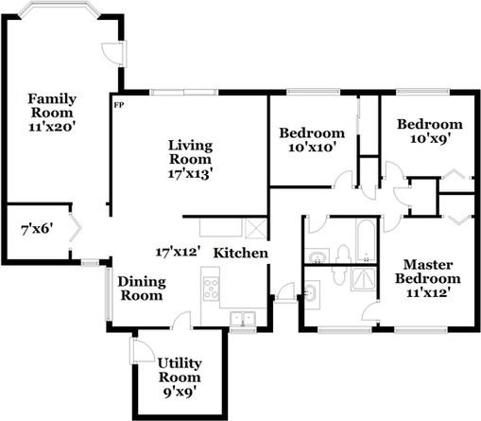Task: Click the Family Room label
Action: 52,106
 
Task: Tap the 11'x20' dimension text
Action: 52,127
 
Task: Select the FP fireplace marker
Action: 118,105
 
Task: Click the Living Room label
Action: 191,152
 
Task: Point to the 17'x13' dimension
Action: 189,174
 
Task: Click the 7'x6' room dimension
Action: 37,229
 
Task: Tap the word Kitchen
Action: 241,253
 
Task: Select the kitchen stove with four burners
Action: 211,289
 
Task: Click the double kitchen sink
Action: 243,319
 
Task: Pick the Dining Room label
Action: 142,289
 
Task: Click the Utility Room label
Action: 180,370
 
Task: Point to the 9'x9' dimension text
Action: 179,393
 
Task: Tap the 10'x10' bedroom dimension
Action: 311,148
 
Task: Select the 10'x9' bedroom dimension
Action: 429,138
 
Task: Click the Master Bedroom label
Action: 428,272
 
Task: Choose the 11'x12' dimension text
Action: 427,293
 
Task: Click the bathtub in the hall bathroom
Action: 366,240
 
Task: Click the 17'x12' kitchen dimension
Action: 179,252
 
